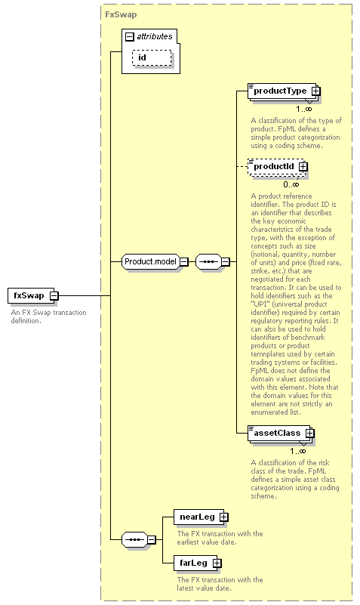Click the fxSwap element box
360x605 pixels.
pyautogui.click(x=32, y=295)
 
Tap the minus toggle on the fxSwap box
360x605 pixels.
pyautogui.click(x=54, y=296)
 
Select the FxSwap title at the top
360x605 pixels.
pyautogui.click(x=121, y=14)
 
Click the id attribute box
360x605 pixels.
pyautogui.click(x=152, y=58)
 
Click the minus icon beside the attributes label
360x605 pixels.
pyautogui.click(x=130, y=37)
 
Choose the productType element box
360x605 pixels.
pyautogui.click(x=284, y=91)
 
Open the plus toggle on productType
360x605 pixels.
pyautogui.click(x=315, y=91)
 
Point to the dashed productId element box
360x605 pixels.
pyautogui.click(x=278, y=167)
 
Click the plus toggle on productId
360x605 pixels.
pyautogui.click(x=303, y=167)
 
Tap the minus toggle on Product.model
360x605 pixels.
pyautogui.click(x=184, y=261)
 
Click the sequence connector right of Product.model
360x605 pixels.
pyautogui.click(x=213, y=261)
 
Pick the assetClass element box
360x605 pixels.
pyautogui.click(x=281, y=434)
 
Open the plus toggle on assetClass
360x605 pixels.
pyautogui.click(x=310, y=434)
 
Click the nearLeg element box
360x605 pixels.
pyautogui.click(x=201, y=517)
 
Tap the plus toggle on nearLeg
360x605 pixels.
pyautogui.click(x=224, y=517)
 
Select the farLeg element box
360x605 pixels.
pyautogui.click(x=198, y=563)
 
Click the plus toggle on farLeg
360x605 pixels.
pyautogui.click(x=217, y=563)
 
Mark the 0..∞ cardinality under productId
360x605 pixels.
pyautogui.click(x=291, y=184)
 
